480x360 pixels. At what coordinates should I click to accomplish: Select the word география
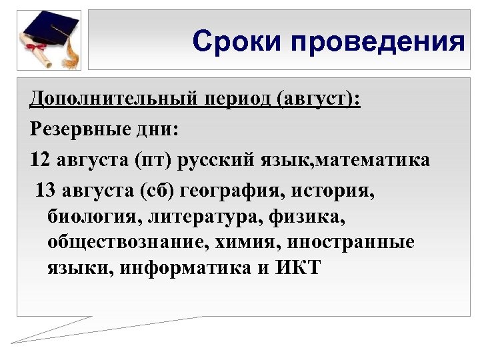230,191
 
